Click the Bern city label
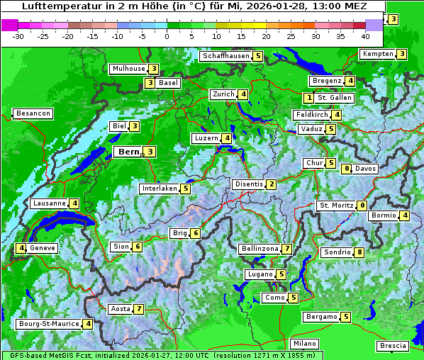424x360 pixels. [x=128, y=152]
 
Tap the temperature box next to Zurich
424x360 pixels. [x=243, y=94]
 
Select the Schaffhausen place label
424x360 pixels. [x=225, y=56]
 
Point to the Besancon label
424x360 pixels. [x=33, y=113]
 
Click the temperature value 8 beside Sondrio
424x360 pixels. [x=359, y=252]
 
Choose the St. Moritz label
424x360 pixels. [x=335, y=206]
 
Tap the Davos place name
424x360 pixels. [x=365, y=169]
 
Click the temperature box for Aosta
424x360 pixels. [x=139, y=309]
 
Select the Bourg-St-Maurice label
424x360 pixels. [x=48, y=324]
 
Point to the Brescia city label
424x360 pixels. [x=393, y=346]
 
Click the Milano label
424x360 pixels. [x=305, y=344]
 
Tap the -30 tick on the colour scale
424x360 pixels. [x=18, y=35]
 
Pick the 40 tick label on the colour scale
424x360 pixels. [x=365, y=35]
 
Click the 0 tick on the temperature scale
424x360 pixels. [x=167, y=35]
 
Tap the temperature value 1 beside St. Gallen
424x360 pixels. [x=308, y=98]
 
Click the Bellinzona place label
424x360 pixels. [x=260, y=249]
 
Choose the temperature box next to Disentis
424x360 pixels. [x=271, y=185]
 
